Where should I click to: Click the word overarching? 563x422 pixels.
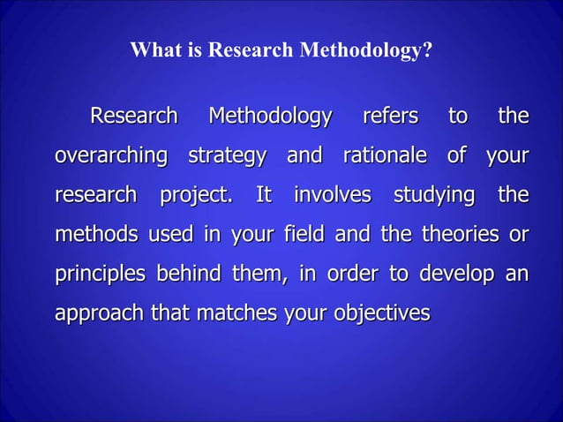pos(111,156)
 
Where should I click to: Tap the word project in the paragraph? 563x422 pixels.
pos(196,195)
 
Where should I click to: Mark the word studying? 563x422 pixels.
pos(432,195)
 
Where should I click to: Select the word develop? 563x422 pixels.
pos(455,274)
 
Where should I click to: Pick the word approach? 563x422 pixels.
pos(96,313)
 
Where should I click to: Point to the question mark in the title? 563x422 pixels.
pos(428,51)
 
